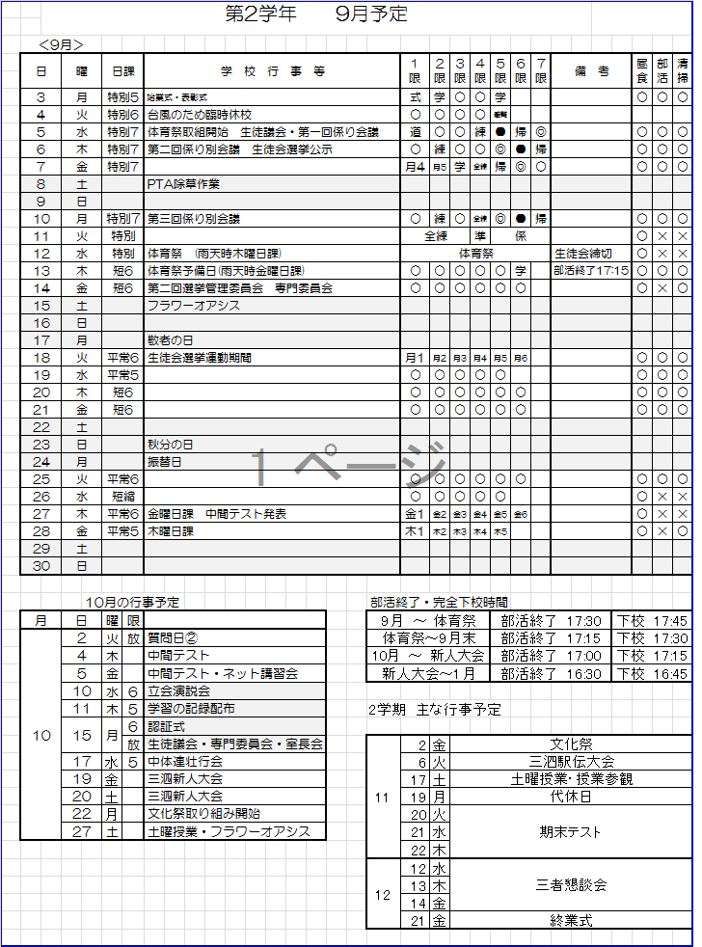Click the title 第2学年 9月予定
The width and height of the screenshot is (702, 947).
(315, 14)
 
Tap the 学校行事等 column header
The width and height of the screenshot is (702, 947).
(273, 71)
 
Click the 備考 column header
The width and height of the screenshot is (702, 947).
(590, 71)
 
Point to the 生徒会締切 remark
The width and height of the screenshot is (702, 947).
(582, 254)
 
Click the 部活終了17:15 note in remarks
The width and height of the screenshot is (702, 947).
(590, 271)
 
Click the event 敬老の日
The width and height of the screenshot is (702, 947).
(171, 340)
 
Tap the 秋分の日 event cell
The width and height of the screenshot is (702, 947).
(171, 445)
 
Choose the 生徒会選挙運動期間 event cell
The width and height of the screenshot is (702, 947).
(200, 358)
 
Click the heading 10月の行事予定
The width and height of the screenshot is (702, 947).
(132, 603)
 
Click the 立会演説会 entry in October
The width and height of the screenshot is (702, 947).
(178, 691)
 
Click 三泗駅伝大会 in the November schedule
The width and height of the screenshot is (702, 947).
(571, 762)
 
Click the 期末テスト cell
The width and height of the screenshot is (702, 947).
(571, 831)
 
